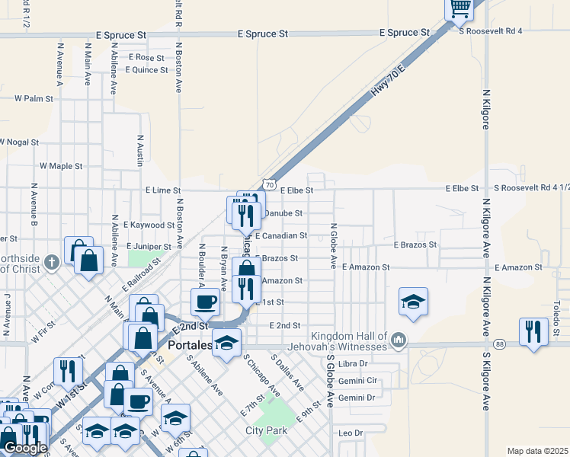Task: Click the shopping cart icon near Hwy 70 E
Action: [460, 8]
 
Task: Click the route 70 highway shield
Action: [269, 184]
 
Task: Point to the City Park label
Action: [267, 430]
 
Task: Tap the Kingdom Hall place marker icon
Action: [398, 337]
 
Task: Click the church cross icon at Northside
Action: [52, 263]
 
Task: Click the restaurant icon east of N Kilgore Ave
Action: [533, 331]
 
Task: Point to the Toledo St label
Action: [557, 312]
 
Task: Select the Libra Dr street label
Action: [353, 364]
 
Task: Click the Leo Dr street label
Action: [351, 433]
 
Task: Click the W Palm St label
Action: [39, 98]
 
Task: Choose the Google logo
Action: [24, 447]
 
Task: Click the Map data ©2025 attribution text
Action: [537, 451]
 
